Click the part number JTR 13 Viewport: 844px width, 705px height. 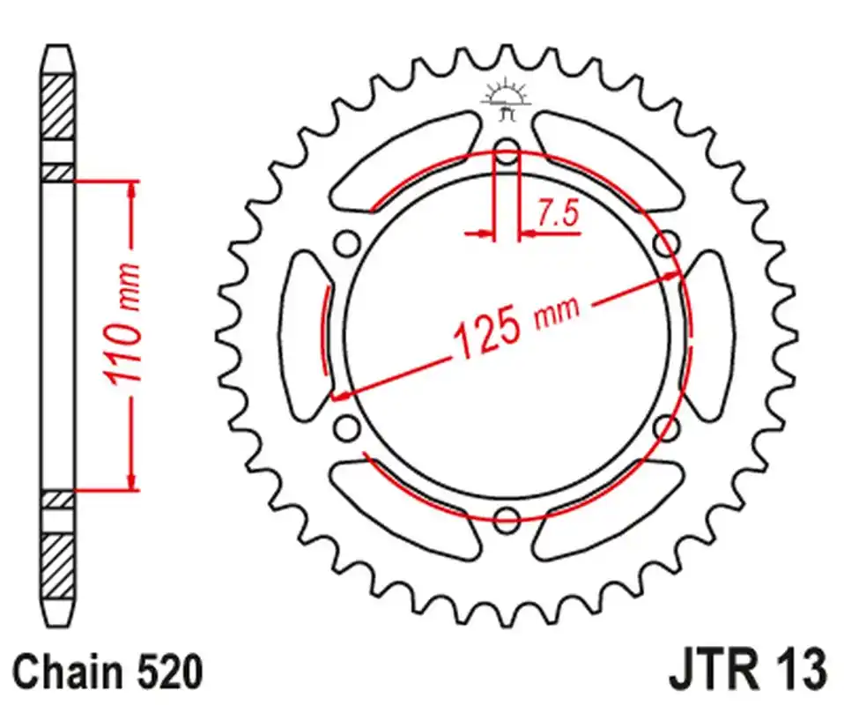pyautogui.click(x=748, y=672)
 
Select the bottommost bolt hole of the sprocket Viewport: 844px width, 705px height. pyautogui.click(x=507, y=519)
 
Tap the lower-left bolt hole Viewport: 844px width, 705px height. pyautogui.click(x=347, y=428)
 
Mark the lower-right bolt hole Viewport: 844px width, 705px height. pyautogui.click(x=666, y=428)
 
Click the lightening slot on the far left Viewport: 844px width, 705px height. pyautogui.click(x=304, y=335)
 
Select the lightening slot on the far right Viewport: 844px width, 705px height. pyautogui.click(x=710, y=335)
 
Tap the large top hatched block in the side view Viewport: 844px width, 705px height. pyautogui.click(x=58, y=107)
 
